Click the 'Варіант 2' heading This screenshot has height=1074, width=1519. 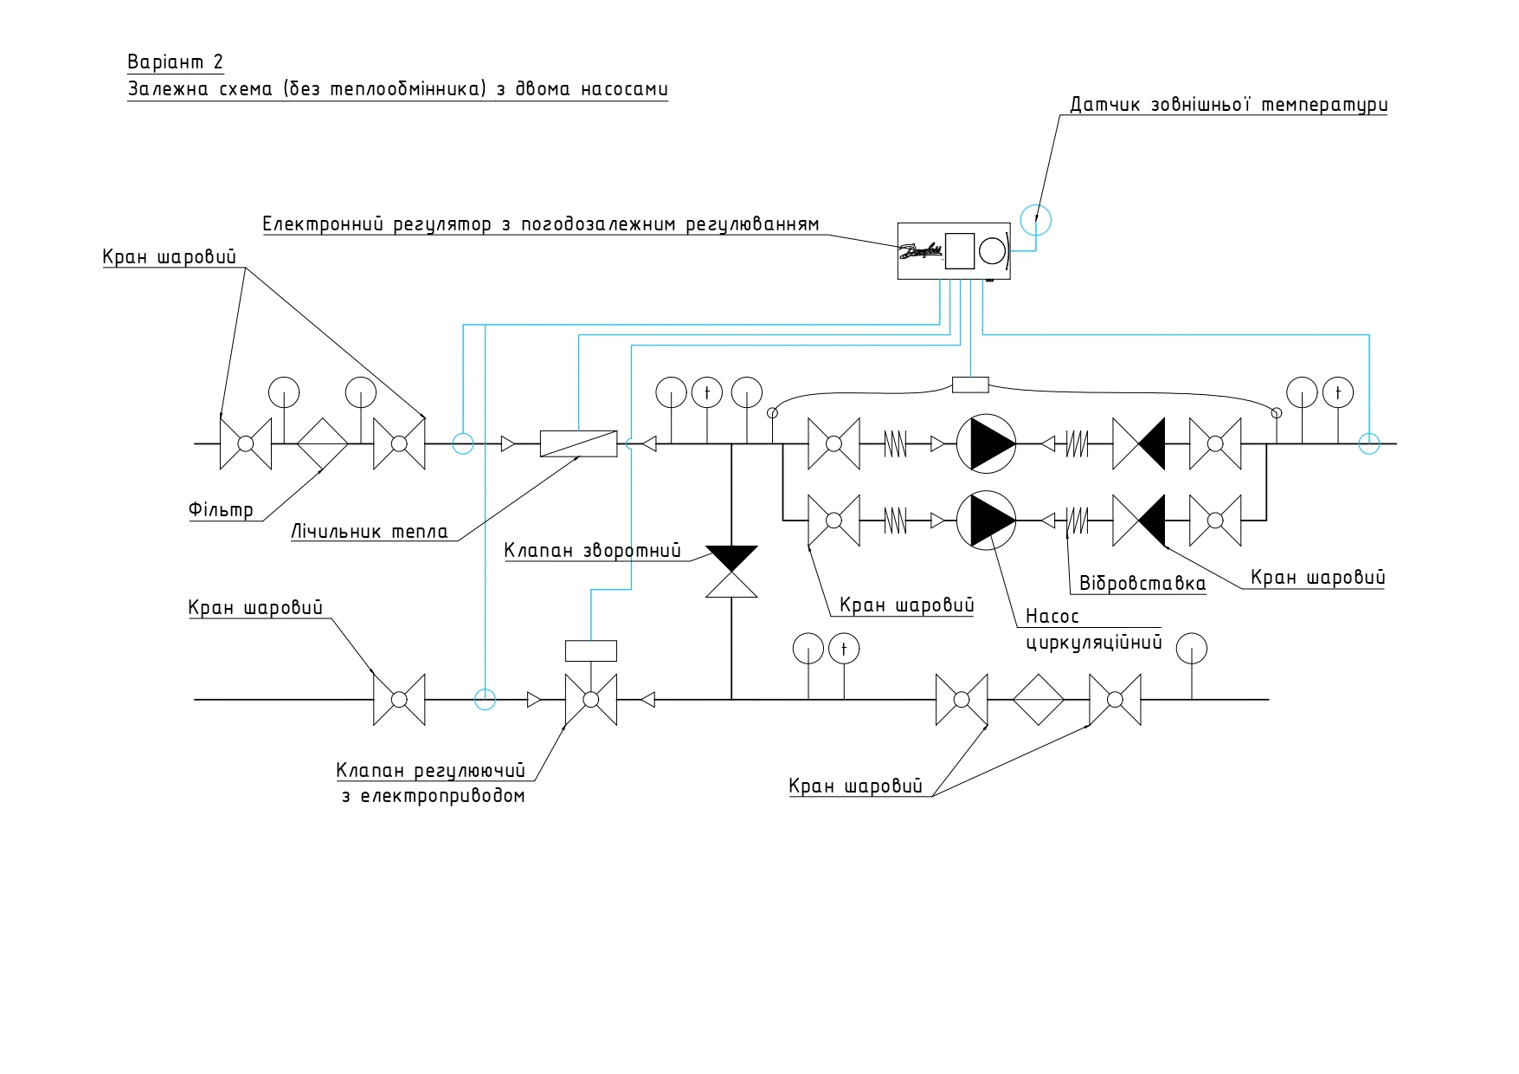coord(176,62)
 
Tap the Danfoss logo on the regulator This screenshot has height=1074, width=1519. coord(920,252)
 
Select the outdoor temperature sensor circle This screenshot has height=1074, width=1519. coord(1035,220)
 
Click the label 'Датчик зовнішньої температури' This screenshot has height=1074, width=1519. coord(1229,105)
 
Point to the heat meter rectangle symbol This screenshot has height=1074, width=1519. coord(578,443)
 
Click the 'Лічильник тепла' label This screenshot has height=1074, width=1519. coord(370,531)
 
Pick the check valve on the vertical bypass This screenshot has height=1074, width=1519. coord(731,572)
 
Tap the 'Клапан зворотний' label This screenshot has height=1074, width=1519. coord(592,551)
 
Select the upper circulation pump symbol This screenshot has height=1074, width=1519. coord(986,443)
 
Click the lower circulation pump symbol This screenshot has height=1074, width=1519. coord(986,520)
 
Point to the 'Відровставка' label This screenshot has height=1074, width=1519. coord(1142,583)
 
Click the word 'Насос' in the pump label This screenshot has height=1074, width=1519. coord(1052,617)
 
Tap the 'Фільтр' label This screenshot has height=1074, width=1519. coord(222,508)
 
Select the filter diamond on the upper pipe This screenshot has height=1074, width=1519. coord(323,443)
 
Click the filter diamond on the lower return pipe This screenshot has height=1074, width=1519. coord(1038,699)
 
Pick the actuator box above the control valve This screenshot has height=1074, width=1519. coord(591,650)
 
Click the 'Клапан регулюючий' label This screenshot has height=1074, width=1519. coord(431,771)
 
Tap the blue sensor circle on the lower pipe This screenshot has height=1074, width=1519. coord(486,698)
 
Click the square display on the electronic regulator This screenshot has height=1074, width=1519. coord(959,251)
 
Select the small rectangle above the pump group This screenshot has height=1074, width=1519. coord(970,384)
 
